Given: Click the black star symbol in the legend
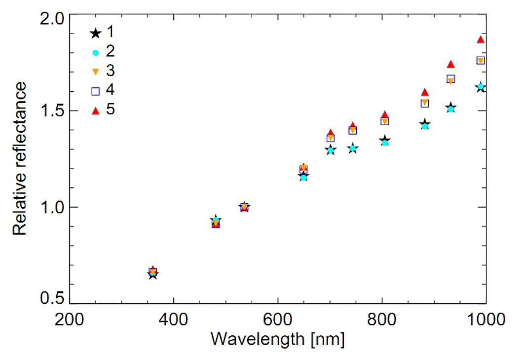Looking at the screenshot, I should [95, 34].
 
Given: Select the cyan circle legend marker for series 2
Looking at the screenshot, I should [96, 53].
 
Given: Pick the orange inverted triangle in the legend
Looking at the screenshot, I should [96, 72].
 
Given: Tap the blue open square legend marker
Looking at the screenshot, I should [96, 91].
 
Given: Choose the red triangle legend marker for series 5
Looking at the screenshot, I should [96, 110].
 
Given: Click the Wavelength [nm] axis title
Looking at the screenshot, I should [278, 340].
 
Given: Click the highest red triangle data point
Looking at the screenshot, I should [481, 39].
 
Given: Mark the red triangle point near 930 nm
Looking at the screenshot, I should [450, 64].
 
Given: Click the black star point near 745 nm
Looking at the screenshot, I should [352, 148].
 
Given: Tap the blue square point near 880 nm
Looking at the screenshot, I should [424, 103].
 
